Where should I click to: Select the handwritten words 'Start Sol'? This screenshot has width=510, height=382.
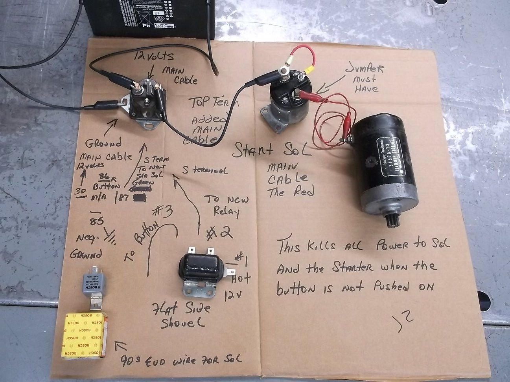tap(271, 150)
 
